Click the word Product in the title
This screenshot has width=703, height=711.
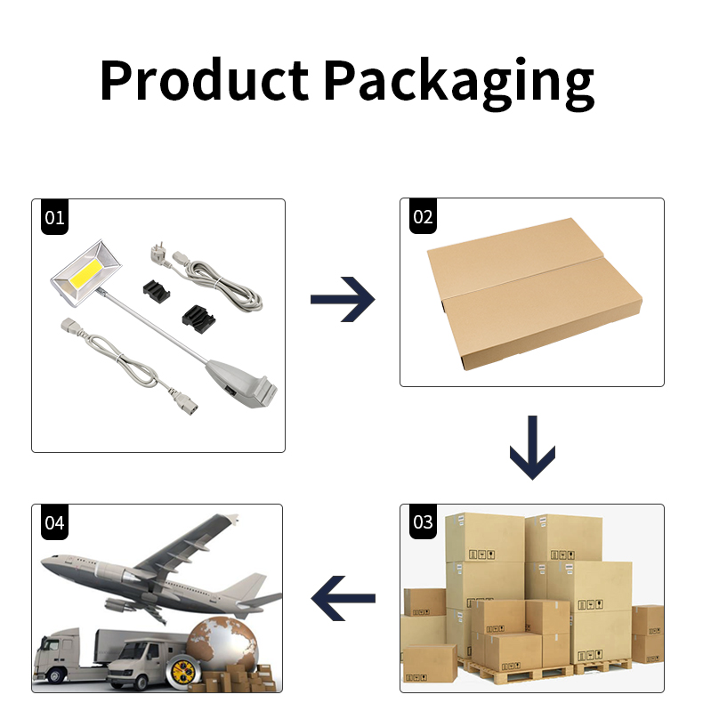point(204,79)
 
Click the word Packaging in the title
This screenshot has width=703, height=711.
point(458,84)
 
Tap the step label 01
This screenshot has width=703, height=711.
point(54,217)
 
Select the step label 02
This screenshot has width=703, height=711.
point(423,216)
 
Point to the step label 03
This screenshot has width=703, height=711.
point(423,522)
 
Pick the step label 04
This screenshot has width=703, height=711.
point(54,522)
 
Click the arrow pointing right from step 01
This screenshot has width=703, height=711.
point(343,299)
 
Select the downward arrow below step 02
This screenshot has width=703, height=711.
point(532,447)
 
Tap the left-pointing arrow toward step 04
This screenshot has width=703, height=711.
point(343,599)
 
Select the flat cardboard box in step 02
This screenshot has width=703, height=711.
point(534,294)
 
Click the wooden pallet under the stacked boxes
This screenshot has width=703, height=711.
point(545,670)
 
